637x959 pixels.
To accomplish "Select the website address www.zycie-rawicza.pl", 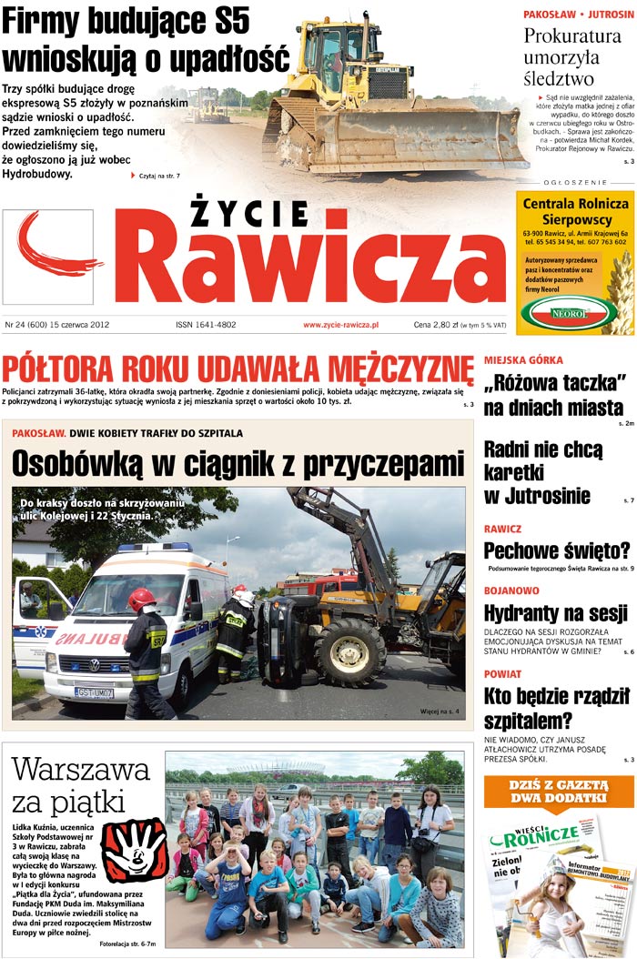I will tap(341, 325).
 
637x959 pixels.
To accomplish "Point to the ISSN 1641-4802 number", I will tap(206, 325).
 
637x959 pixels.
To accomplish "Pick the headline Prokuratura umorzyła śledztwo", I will tap(572, 56).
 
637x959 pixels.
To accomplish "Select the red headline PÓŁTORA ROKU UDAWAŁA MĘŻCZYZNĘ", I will tap(238, 370).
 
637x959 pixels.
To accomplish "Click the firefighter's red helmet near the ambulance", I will tap(141, 599).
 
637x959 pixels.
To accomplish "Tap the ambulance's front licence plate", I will tap(93, 692).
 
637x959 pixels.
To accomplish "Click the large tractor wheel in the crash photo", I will tap(350, 651).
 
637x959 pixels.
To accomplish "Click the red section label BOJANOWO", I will tap(511, 591).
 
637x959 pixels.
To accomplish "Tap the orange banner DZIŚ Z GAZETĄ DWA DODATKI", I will tap(559, 792).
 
